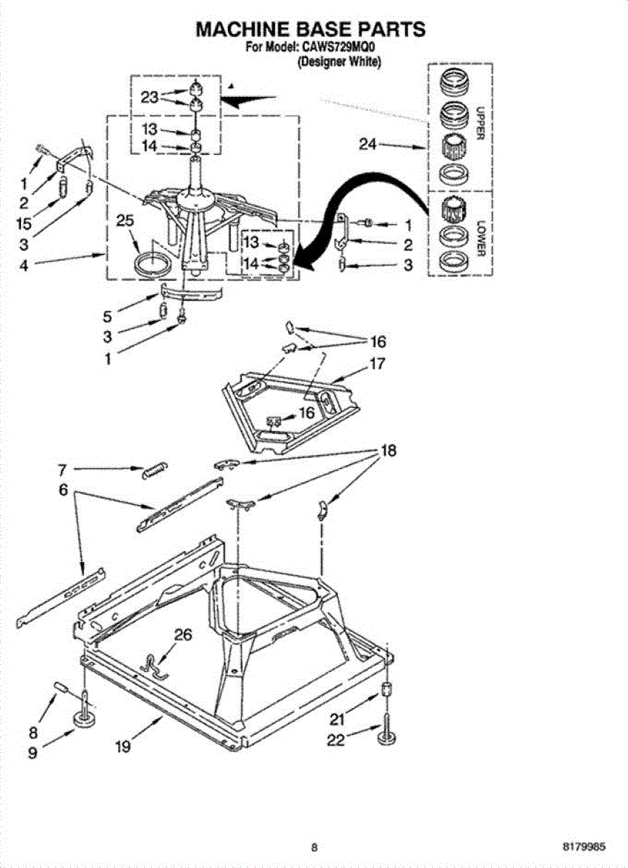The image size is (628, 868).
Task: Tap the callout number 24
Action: [368, 145]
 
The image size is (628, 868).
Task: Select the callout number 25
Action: [125, 221]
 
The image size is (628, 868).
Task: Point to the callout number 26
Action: [184, 635]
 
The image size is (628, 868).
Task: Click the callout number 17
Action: [376, 364]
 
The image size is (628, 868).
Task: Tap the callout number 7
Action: [63, 469]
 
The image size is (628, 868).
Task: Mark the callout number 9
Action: [33, 753]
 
